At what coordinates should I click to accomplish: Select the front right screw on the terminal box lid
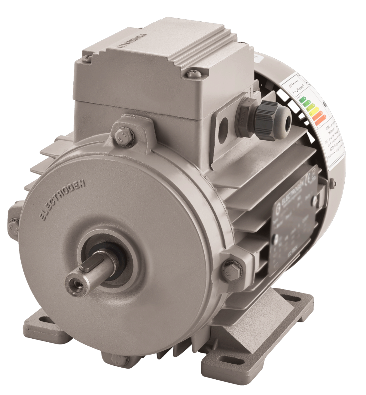tap(192, 73)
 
